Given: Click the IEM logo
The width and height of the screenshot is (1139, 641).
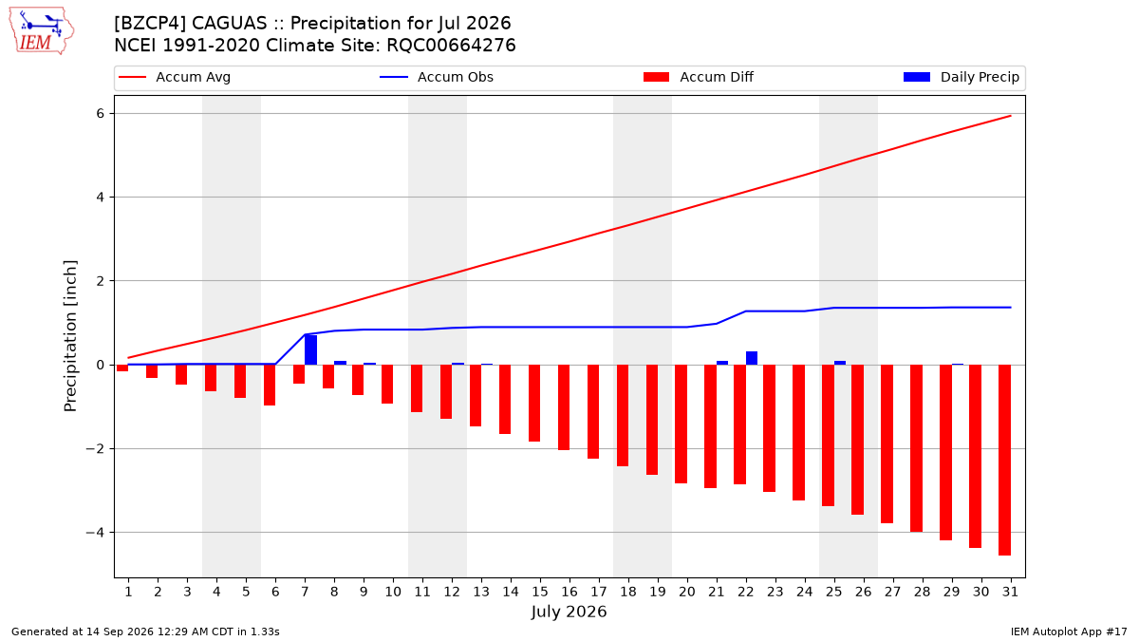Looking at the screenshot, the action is (42, 30).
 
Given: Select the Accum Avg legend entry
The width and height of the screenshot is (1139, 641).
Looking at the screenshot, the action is (175, 77).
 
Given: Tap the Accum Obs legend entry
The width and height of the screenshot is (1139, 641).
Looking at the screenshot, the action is (437, 77).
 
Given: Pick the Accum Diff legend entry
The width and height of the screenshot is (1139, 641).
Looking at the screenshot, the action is (699, 77).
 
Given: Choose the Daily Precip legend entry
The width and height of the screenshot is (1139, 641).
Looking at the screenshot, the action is (961, 77).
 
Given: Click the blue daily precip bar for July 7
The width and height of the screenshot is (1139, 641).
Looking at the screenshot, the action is (310, 350).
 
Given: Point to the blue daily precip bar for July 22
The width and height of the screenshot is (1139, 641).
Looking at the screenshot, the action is (752, 358).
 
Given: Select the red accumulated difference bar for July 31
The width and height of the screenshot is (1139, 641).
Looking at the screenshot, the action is (1005, 460).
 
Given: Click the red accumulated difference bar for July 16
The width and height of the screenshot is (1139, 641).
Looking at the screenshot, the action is (564, 407).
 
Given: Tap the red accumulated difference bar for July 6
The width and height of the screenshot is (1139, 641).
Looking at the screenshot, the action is (270, 386).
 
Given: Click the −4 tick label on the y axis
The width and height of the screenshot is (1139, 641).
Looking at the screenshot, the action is (95, 533).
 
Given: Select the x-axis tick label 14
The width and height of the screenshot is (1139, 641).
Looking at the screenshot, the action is (511, 592).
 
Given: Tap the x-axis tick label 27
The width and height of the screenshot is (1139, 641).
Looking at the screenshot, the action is (893, 592).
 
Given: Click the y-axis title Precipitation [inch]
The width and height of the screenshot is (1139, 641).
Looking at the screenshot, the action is (70, 336).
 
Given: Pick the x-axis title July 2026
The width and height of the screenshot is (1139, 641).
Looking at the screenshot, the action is (569, 612).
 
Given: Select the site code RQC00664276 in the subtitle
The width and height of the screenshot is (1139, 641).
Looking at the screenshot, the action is (451, 46).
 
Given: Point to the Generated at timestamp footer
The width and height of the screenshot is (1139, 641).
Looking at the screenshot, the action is (145, 632).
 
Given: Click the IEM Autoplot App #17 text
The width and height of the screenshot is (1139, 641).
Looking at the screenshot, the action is (1069, 632).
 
